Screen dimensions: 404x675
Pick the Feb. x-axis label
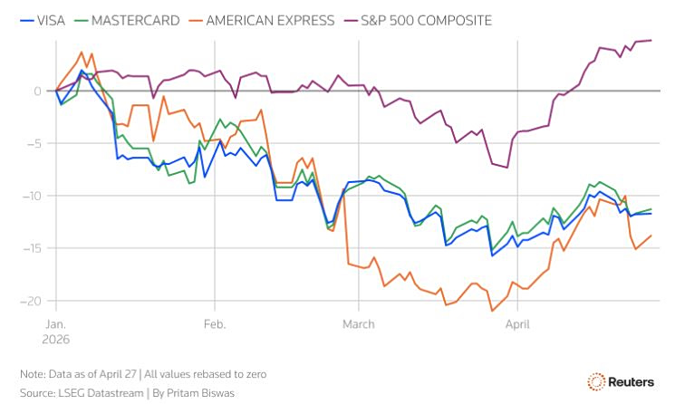click(215, 323)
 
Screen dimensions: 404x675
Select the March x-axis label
click(359, 323)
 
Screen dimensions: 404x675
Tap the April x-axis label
click(517, 323)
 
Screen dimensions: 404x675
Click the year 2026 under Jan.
click(56, 338)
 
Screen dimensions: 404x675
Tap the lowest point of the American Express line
click(492, 311)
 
